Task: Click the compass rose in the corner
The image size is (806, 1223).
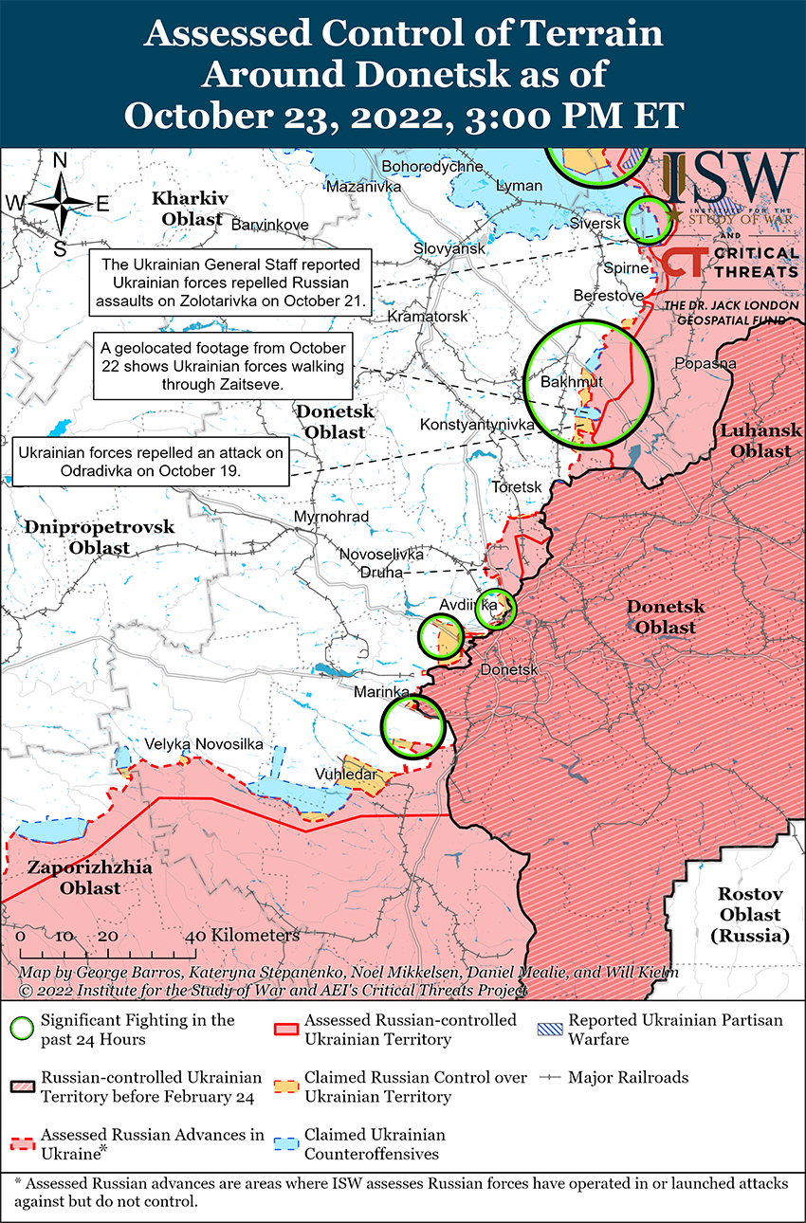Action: click(x=59, y=204)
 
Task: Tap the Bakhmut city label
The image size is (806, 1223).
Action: click(x=571, y=381)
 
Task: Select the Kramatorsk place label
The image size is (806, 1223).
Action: click(x=429, y=316)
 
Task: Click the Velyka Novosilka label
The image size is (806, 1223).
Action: click(x=204, y=744)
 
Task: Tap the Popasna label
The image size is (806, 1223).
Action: click(x=705, y=363)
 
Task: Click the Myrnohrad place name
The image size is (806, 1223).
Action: click(x=326, y=517)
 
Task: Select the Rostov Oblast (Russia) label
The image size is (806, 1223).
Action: click(x=749, y=915)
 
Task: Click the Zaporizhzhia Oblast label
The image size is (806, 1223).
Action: click(x=75, y=877)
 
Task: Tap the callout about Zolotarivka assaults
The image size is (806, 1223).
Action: click(x=231, y=283)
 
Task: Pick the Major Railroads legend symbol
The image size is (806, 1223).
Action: click(x=552, y=1078)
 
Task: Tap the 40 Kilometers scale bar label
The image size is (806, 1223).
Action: click(x=243, y=936)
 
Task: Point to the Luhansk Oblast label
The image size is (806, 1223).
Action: click(x=754, y=441)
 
